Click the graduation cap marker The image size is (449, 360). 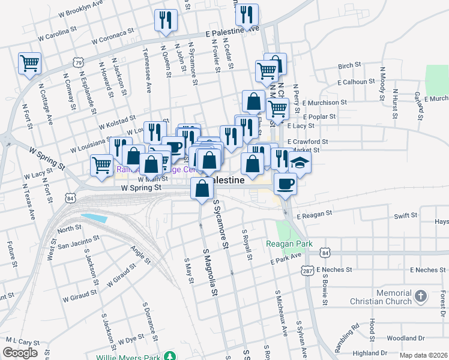point(300,163)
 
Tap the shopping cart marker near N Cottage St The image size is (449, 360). point(29,62)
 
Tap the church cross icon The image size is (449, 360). point(421,296)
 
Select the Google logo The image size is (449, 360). point(20,353)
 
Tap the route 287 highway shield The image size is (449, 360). point(307,270)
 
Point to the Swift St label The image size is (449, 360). point(405,215)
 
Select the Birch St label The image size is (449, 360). point(349,65)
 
